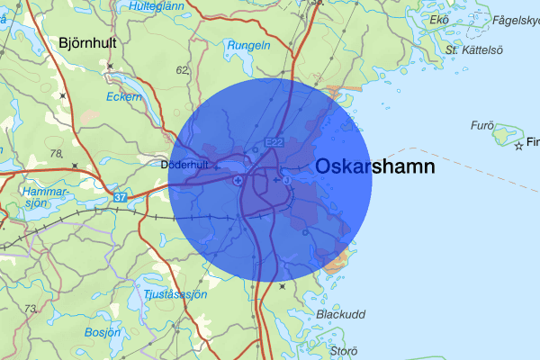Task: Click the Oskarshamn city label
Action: click(375, 167)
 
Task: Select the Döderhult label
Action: click(184, 165)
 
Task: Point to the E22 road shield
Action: click(274, 142)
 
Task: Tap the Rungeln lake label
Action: click(249, 45)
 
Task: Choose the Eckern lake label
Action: click(124, 95)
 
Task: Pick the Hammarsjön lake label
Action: click(45, 197)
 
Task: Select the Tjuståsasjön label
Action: click(175, 294)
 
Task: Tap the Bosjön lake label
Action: click(101, 332)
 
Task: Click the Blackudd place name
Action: click(340, 314)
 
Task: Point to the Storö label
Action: click(344, 350)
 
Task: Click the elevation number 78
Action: click(57, 154)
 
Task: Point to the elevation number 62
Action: click(183, 69)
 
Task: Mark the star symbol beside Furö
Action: click(518, 145)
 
